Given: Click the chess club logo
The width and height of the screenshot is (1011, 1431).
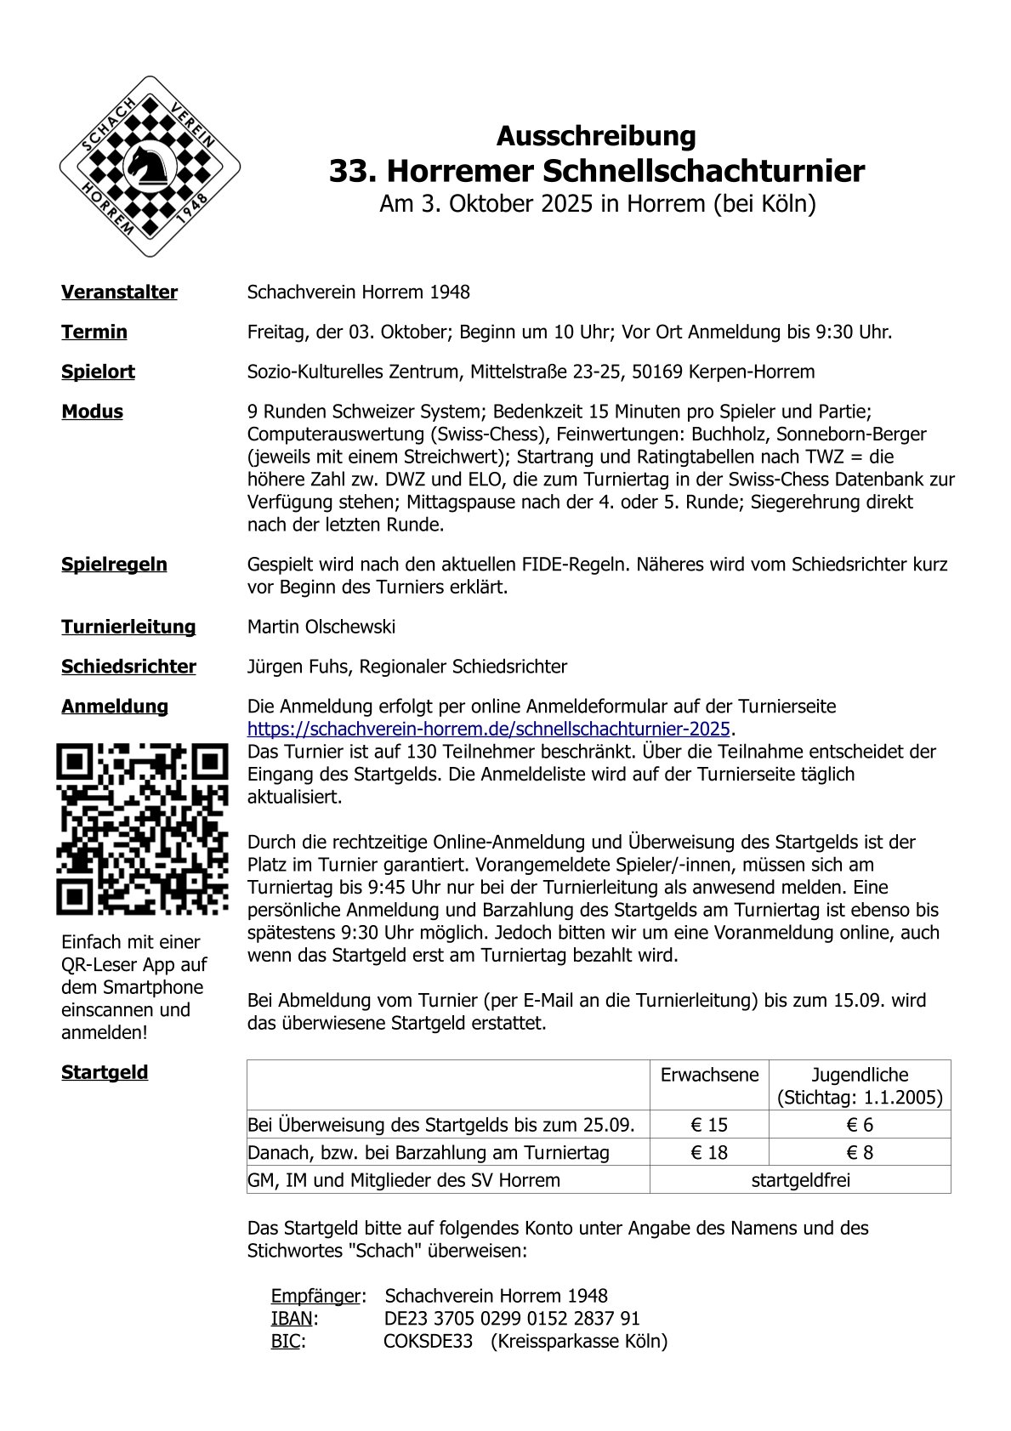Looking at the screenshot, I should point(150,167).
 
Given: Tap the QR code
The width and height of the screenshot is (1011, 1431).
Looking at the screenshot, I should point(143,829).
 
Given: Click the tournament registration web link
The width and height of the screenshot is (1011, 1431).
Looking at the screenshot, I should point(489,730).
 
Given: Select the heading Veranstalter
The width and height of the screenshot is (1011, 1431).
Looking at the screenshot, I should point(119,292).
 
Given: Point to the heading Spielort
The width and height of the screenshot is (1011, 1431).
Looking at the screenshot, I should point(98,372).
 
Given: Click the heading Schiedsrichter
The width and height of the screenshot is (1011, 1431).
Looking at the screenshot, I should point(128,667).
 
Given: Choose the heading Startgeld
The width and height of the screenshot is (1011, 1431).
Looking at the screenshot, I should point(105,1072).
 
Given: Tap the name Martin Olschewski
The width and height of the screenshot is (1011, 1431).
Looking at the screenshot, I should point(321,627).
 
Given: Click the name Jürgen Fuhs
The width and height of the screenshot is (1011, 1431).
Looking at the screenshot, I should point(298,667).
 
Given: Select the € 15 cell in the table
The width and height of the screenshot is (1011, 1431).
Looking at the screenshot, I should point(709,1125).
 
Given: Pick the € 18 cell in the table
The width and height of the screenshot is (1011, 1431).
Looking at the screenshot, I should point(709,1153).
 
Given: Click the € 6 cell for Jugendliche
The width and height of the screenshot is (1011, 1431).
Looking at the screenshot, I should point(860,1125).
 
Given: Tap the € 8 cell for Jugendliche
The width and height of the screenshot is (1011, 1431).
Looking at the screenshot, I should point(860,1153).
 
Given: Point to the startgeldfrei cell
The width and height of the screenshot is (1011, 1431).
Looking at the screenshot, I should point(800,1180).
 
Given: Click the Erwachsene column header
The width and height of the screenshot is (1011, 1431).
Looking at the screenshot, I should point(709,1075).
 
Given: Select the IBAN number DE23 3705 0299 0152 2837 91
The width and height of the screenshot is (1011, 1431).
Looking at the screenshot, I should point(512,1319).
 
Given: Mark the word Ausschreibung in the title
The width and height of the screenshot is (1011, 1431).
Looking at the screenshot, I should point(596,136).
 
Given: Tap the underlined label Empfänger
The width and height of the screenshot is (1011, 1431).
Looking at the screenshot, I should point(315,1296).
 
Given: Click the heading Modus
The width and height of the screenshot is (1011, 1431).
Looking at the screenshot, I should point(92,412).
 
